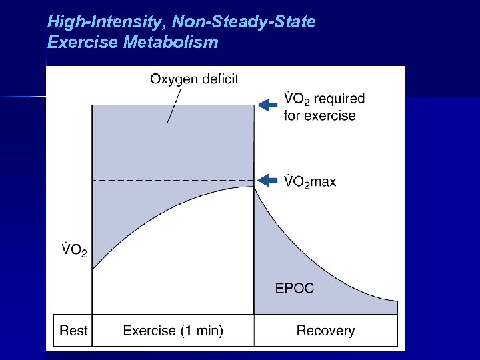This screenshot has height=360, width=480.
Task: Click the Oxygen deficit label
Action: coord(194,79)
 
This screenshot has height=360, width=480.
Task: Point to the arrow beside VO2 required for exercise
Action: coord(267,105)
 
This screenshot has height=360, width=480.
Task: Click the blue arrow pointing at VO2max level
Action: coord(267,180)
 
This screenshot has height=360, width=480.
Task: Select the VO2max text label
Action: coord(310,181)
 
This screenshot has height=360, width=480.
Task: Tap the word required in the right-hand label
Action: coord(339,99)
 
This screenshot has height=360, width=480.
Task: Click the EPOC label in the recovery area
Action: coord(295,289)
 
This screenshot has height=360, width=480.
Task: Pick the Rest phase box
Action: coord(73,330)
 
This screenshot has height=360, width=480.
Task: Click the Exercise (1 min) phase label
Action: coord(173,330)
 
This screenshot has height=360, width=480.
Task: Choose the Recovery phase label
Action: coord(325,330)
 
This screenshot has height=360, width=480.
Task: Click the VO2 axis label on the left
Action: coord(75,251)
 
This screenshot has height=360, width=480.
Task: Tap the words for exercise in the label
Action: coord(320,115)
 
